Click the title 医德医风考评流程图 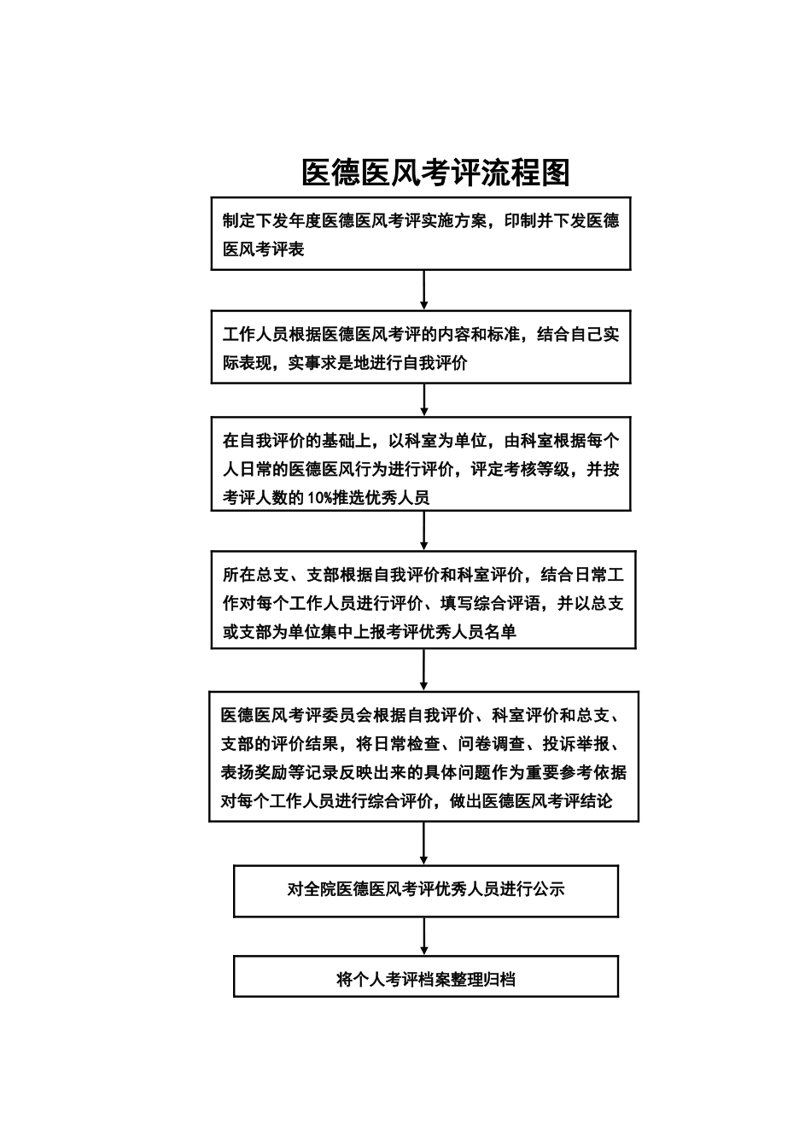point(435,173)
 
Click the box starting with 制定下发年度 point(421,234)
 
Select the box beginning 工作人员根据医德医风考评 point(421,348)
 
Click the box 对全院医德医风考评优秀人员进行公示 point(426,889)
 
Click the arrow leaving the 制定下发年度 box point(424,290)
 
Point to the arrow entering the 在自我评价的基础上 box point(424,401)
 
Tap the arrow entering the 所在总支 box point(424,531)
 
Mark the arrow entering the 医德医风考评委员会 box point(424,671)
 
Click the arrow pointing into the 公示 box point(424,844)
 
